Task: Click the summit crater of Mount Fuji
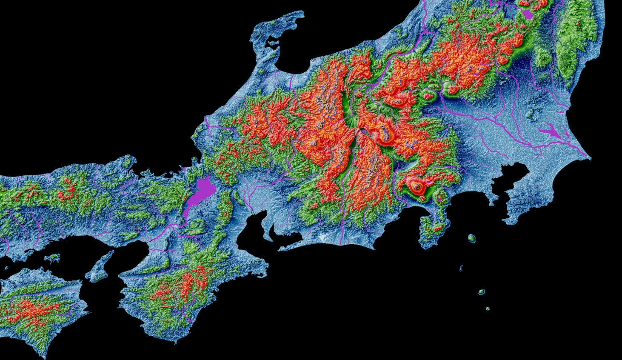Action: coord(416,186)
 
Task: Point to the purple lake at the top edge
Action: coord(528,14)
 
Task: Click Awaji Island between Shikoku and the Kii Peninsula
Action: coord(101,266)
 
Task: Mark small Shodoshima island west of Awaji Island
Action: coord(52,257)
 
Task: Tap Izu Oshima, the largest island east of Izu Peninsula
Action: coord(471,238)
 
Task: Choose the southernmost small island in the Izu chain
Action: coord(488,309)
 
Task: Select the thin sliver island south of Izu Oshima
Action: coord(461,268)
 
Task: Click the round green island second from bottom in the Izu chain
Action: coord(482,292)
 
